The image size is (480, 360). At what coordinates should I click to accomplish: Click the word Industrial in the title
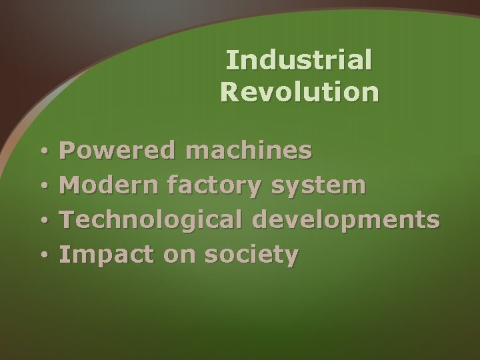pyautogui.click(x=299, y=61)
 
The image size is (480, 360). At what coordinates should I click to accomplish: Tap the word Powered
pyautogui.click(x=117, y=151)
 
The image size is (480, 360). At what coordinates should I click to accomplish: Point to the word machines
pyautogui.click(x=248, y=151)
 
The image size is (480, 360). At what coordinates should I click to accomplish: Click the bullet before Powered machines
pyautogui.click(x=42, y=153)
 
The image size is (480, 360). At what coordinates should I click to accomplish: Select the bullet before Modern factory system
pyautogui.click(x=42, y=187)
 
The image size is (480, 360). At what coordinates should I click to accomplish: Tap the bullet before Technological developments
pyautogui.click(x=42, y=221)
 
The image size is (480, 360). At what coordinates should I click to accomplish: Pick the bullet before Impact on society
pyautogui.click(x=42, y=255)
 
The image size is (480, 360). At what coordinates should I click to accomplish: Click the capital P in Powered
pyautogui.click(x=67, y=150)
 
